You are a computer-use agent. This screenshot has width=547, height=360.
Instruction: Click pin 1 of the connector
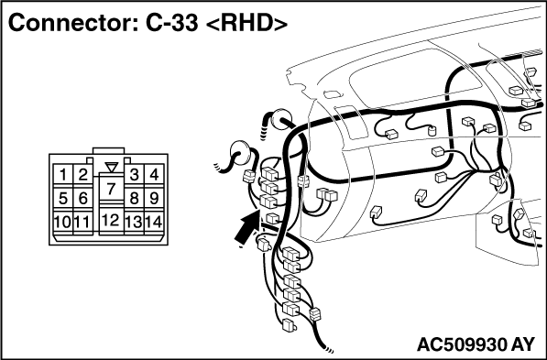pyautogui.click(x=63, y=174)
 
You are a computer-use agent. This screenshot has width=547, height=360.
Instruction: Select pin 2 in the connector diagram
pyautogui.click(x=83, y=174)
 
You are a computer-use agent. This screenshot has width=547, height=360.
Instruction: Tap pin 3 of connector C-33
pyautogui.click(x=134, y=174)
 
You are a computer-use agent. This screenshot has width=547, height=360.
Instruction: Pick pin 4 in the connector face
pyautogui.click(x=154, y=174)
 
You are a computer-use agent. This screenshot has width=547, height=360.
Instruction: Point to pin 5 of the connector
pyautogui.click(x=63, y=198)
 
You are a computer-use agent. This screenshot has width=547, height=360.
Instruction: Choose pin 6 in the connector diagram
pyautogui.click(x=83, y=198)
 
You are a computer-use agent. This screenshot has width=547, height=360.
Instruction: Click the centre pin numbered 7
pyautogui.click(x=111, y=189)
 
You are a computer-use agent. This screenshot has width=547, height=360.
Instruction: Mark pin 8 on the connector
pyautogui.click(x=134, y=198)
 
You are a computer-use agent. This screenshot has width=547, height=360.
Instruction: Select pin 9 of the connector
pyautogui.click(x=154, y=198)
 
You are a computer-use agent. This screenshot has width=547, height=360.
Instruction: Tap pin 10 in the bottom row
pyautogui.click(x=63, y=222)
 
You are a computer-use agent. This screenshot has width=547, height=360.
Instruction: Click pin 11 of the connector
pyautogui.click(x=83, y=222)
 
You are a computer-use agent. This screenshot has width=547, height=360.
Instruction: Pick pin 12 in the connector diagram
pyautogui.click(x=111, y=220)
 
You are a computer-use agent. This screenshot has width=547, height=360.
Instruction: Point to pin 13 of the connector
pyautogui.click(x=134, y=222)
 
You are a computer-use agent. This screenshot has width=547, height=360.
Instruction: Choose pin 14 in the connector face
pyautogui.click(x=154, y=222)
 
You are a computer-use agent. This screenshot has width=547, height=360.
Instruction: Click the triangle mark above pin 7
pyautogui.click(x=112, y=167)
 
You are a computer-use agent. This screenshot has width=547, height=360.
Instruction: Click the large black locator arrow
pyautogui.click(x=246, y=228)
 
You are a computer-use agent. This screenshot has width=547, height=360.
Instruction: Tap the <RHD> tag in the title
pyautogui.click(x=246, y=24)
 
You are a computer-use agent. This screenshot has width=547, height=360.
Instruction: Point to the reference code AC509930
pyautogui.click(x=462, y=344)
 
